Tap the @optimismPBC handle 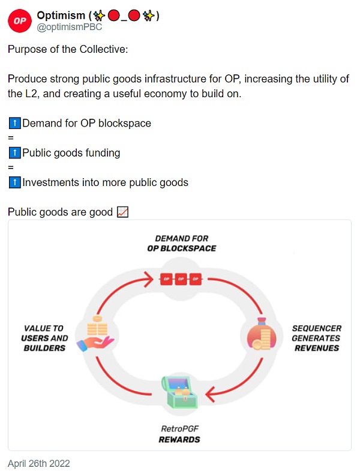coord(70,28)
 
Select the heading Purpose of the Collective coord(68,49)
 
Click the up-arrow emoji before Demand coord(15,124)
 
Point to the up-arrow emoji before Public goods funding coord(15,153)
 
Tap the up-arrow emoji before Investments coord(15,182)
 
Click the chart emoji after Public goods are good coord(122,212)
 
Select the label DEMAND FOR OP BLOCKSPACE coord(181,243)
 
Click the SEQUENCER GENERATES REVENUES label coord(316,338)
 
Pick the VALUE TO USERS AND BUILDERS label coord(44,338)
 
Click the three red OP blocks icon coord(179,279)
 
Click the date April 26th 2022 coord(39,463)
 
